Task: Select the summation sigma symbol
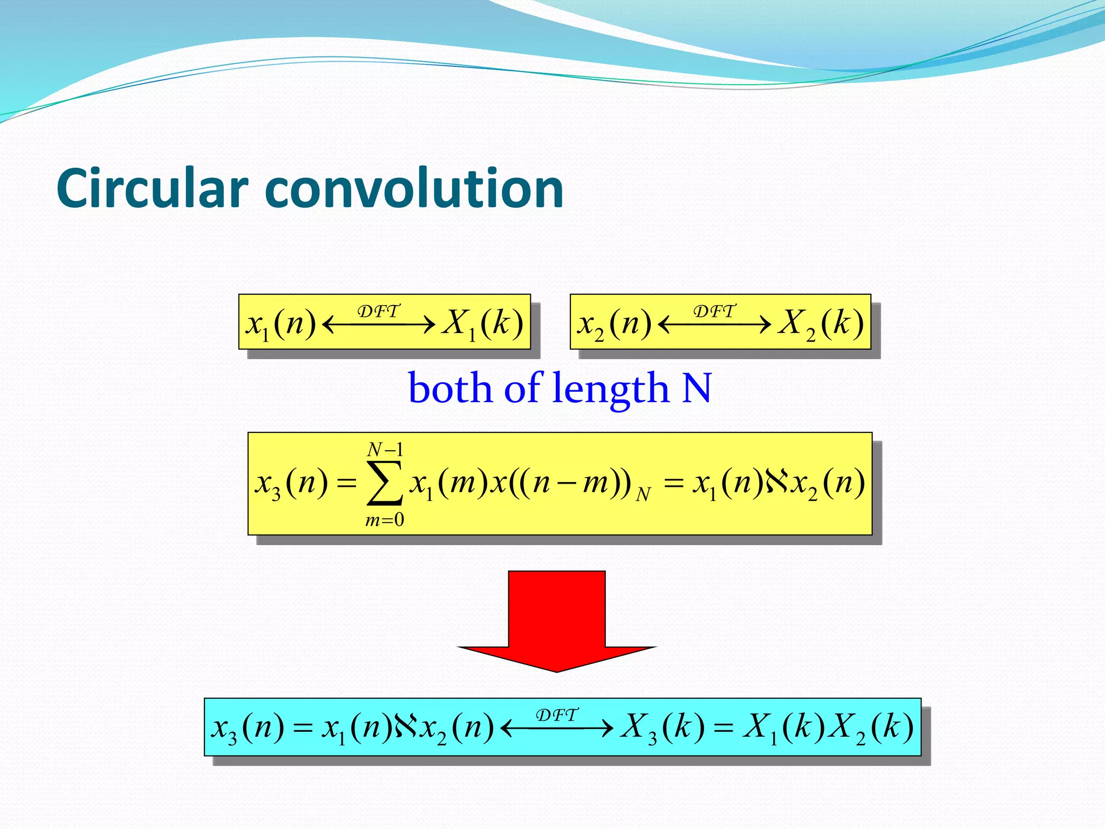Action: (384, 483)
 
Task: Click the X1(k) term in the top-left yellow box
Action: (482, 324)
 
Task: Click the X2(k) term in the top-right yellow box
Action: (820, 324)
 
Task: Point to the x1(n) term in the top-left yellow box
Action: (281, 324)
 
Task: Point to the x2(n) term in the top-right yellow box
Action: (615, 324)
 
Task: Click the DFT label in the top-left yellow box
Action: (379, 311)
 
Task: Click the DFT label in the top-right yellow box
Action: (714, 311)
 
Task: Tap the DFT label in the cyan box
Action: (557, 715)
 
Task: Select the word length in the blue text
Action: (610, 389)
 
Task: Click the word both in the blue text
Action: (450, 389)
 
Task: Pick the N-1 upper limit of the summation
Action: (385, 449)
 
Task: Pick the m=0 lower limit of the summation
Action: (385, 520)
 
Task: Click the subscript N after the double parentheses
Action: (643, 494)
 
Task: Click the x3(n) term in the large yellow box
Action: (291, 483)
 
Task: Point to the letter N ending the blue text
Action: (697, 389)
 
